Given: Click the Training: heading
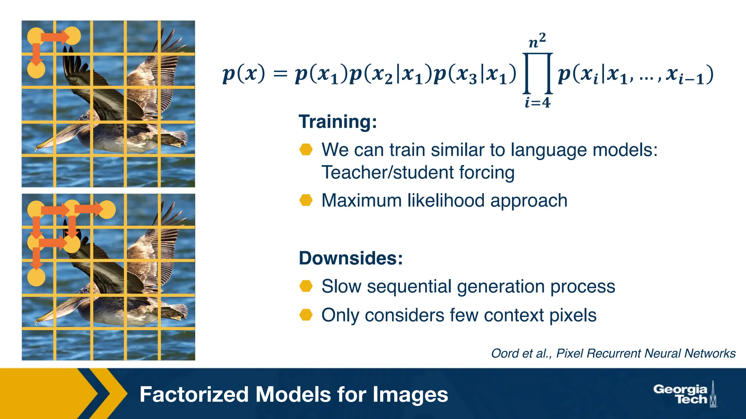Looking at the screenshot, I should point(337,121).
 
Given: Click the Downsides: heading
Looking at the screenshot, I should point(350,258).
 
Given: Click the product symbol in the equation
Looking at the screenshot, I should point(538,74).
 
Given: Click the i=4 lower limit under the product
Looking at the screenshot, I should point(537,103).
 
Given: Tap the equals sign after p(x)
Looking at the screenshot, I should point(280,74).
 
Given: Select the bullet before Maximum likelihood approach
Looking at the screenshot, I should point(306,200).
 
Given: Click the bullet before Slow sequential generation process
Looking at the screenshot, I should point(306,286).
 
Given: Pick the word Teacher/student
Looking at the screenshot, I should point(388,172).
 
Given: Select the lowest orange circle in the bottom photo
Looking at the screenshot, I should point(36,277).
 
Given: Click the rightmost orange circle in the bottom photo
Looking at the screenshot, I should point(107,209).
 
